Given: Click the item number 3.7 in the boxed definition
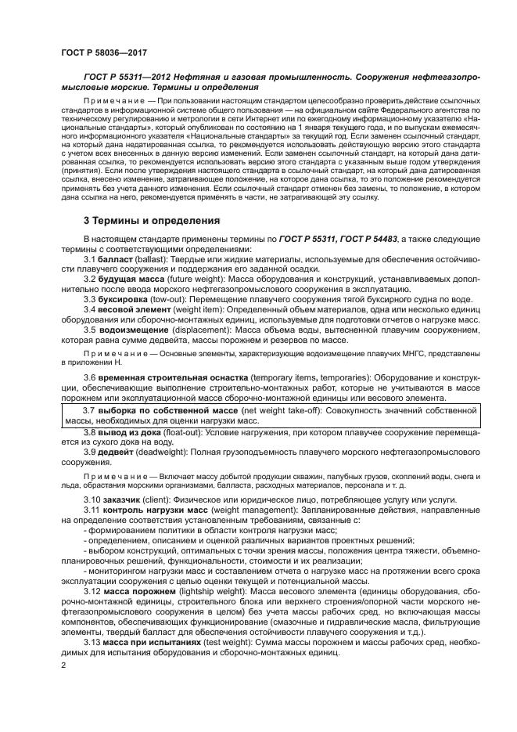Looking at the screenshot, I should [x=90, y=411].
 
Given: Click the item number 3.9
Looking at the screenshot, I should [x=90, y=453].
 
